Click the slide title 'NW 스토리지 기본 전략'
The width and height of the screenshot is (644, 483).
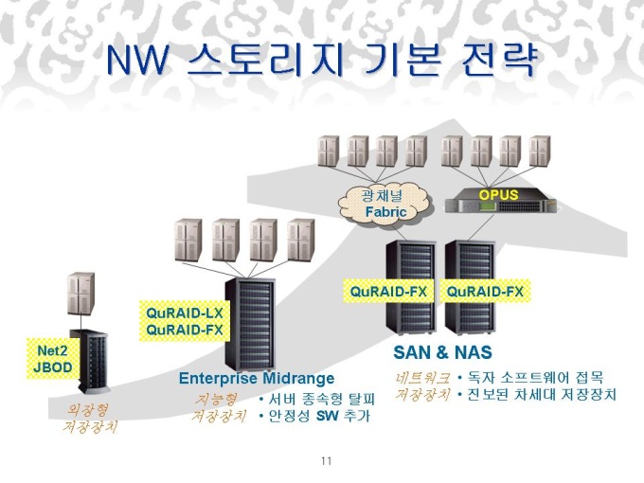(322, 61)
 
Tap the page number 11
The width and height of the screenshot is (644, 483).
(327, 461)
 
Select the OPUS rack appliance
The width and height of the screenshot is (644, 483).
(500, 200)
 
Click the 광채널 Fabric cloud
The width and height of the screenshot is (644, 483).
(385, 205)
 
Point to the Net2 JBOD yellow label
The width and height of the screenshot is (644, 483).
(52, 359)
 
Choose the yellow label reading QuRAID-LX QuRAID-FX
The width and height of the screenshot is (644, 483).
(184, 322)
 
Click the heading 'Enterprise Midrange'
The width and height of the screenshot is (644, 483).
(257, 378)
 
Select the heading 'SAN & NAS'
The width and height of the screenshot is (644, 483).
(442, 352)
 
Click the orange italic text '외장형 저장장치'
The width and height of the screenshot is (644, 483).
(90, 418)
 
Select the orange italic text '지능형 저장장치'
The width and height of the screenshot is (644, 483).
(219, 407)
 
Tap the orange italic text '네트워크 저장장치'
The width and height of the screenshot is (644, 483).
(422, 386)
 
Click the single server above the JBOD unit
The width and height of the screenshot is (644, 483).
(80, 294)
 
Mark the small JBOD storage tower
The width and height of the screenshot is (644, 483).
(91, 360)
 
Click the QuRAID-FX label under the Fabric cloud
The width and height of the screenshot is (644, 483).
(388, 292)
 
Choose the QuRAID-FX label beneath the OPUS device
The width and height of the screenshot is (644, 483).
(485, 292)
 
